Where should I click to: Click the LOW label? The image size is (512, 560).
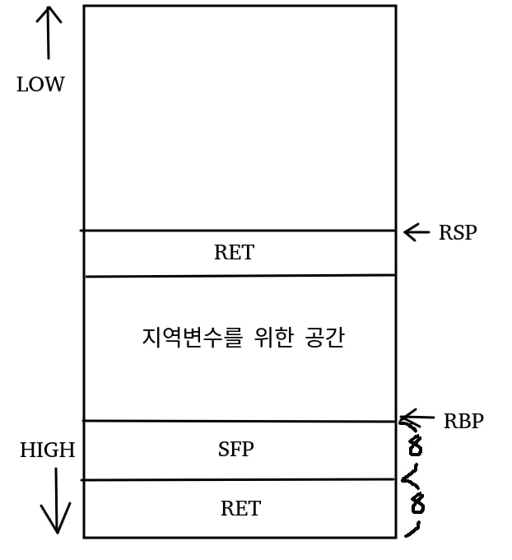40,85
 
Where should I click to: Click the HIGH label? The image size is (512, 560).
47,450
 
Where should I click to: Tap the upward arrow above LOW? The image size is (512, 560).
49,33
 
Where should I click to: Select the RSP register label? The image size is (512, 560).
457,233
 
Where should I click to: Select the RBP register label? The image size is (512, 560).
463,422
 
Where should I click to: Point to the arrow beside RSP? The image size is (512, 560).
417,232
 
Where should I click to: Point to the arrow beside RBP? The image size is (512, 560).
417,418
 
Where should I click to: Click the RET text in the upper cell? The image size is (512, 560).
234,253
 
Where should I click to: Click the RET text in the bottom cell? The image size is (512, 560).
240,509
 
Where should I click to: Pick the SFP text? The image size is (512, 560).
235,450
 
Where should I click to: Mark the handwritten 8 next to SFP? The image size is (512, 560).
415,447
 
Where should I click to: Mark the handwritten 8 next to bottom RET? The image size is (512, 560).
417,502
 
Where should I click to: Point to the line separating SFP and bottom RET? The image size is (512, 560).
239,479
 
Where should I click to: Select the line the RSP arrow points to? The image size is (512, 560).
239,231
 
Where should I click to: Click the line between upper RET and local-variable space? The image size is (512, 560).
239,276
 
